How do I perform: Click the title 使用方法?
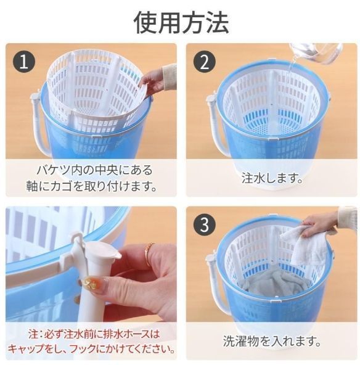coord(181,23)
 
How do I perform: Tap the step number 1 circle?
coord(24,62)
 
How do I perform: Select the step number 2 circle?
coord(205,62)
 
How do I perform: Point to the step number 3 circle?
coord(205,224)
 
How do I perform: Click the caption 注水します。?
coord(272,178)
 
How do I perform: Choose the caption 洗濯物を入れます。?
coord(272,341)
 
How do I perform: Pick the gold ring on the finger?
coord(149,254)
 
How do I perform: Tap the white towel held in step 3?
coord(303,247)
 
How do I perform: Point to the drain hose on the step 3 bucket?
coord(215,284)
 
